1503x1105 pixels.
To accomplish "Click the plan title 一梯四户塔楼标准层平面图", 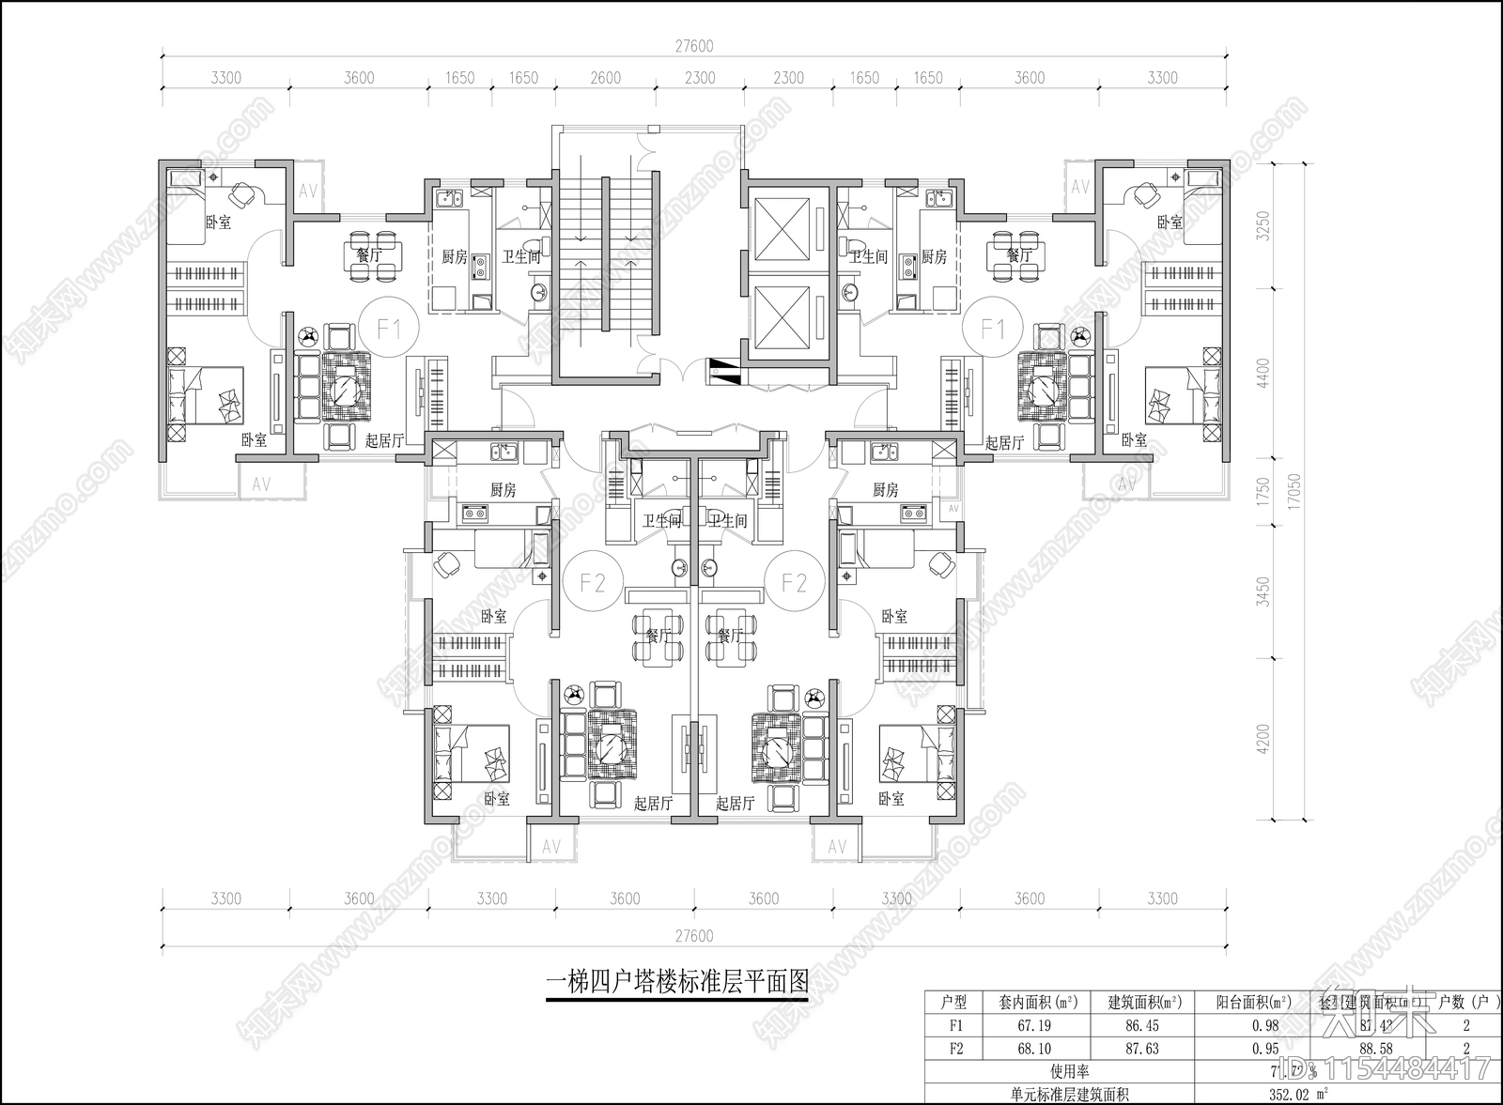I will [x=677, y=982].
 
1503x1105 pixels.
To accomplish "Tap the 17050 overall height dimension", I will [x=1294, y=488].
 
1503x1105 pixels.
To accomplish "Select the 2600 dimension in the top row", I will [x=606, y=78].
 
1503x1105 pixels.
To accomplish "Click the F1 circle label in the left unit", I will [x=390, y=329].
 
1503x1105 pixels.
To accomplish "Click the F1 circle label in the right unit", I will [x=993, y=329].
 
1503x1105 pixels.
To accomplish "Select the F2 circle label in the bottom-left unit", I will [x=593, y=582].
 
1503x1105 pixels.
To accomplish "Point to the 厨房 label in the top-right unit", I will [x=933, y=255].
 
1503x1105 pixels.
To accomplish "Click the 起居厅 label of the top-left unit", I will [x=384, y=440].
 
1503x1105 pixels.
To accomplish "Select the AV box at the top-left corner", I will [x=307, y=191].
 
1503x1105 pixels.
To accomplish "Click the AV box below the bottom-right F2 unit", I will [x=836, y=846].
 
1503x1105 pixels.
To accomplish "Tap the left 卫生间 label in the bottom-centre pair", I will [x=662, y=521].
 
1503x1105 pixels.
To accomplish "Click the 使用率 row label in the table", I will [x=1069, y=1071].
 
